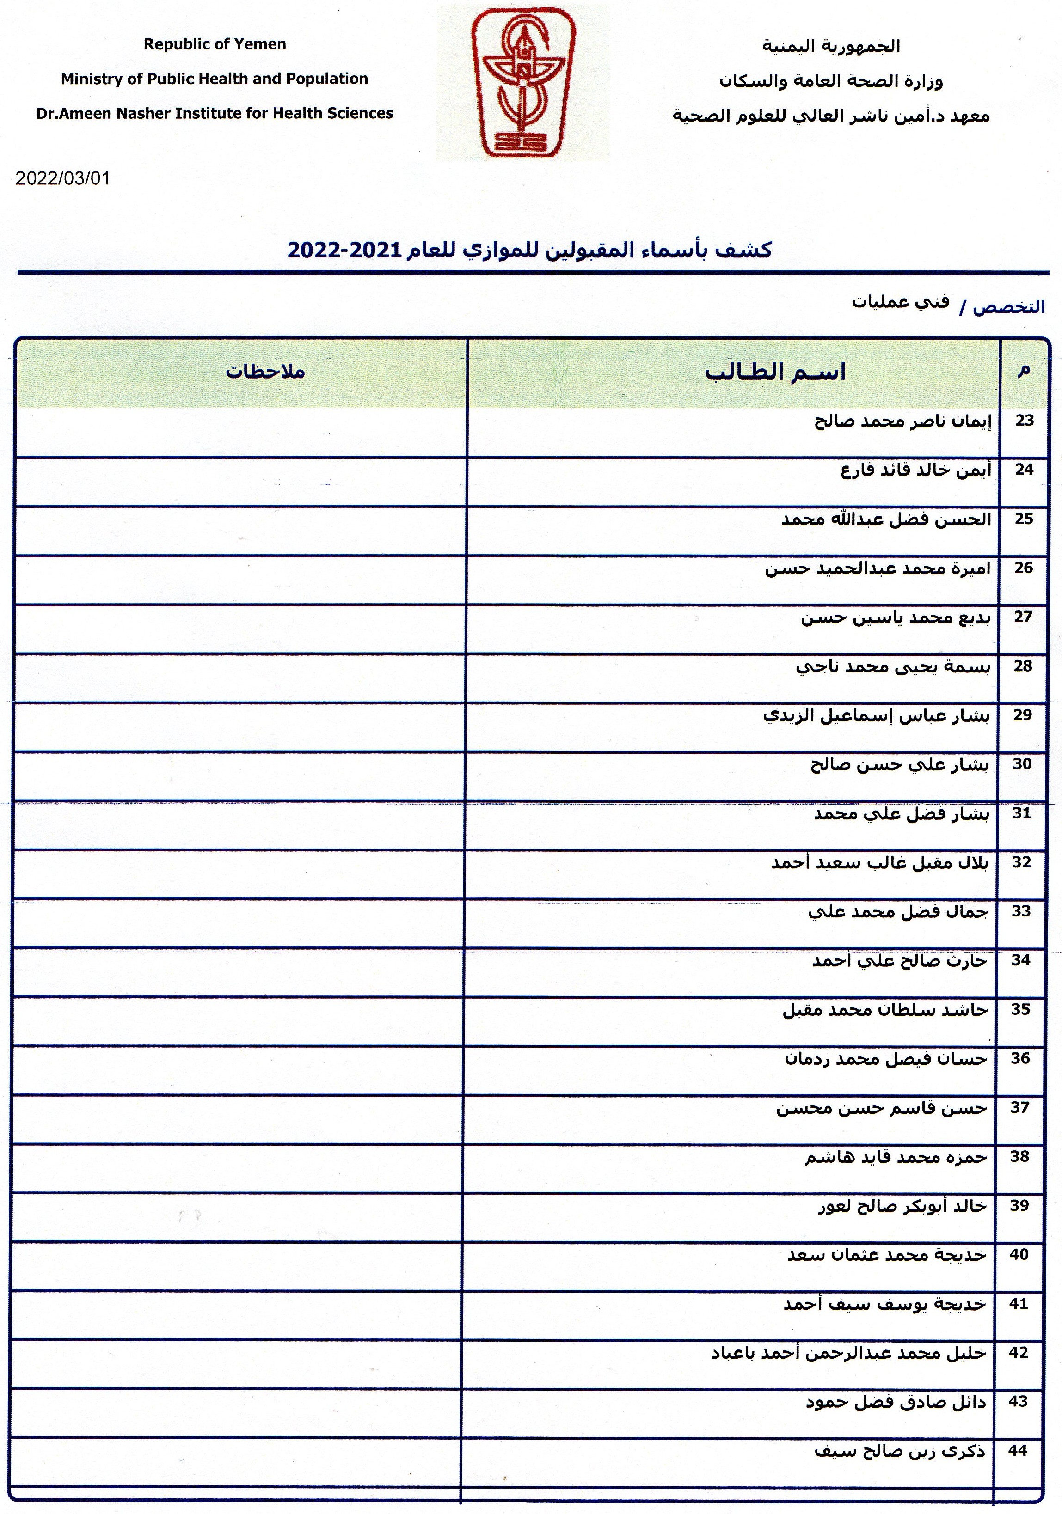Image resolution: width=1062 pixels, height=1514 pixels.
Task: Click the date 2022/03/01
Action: pos(63,179)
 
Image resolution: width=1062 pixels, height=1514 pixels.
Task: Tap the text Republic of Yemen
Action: pos(215,44)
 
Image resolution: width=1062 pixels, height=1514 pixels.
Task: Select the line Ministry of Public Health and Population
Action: pos(215,79)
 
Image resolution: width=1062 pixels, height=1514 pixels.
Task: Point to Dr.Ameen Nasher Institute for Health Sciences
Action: pos(215,113)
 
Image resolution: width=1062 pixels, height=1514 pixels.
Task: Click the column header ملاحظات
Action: pos(265,371)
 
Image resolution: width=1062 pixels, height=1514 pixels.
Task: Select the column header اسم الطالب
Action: pos(774,372)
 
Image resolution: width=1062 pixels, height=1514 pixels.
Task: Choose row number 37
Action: pos(1020,1108)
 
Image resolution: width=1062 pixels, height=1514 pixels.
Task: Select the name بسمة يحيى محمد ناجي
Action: pos(892,667)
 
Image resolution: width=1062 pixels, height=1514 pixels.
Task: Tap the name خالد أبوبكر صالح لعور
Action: pos(902,1206)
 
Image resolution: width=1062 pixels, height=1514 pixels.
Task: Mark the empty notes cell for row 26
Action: pos(241,580)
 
